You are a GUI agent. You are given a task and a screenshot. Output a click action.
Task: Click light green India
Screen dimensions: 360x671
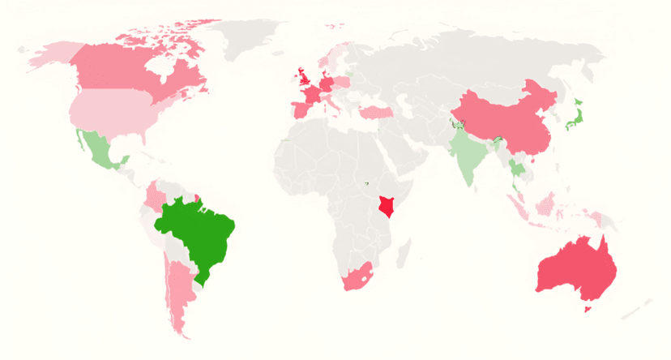(468, 154)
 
